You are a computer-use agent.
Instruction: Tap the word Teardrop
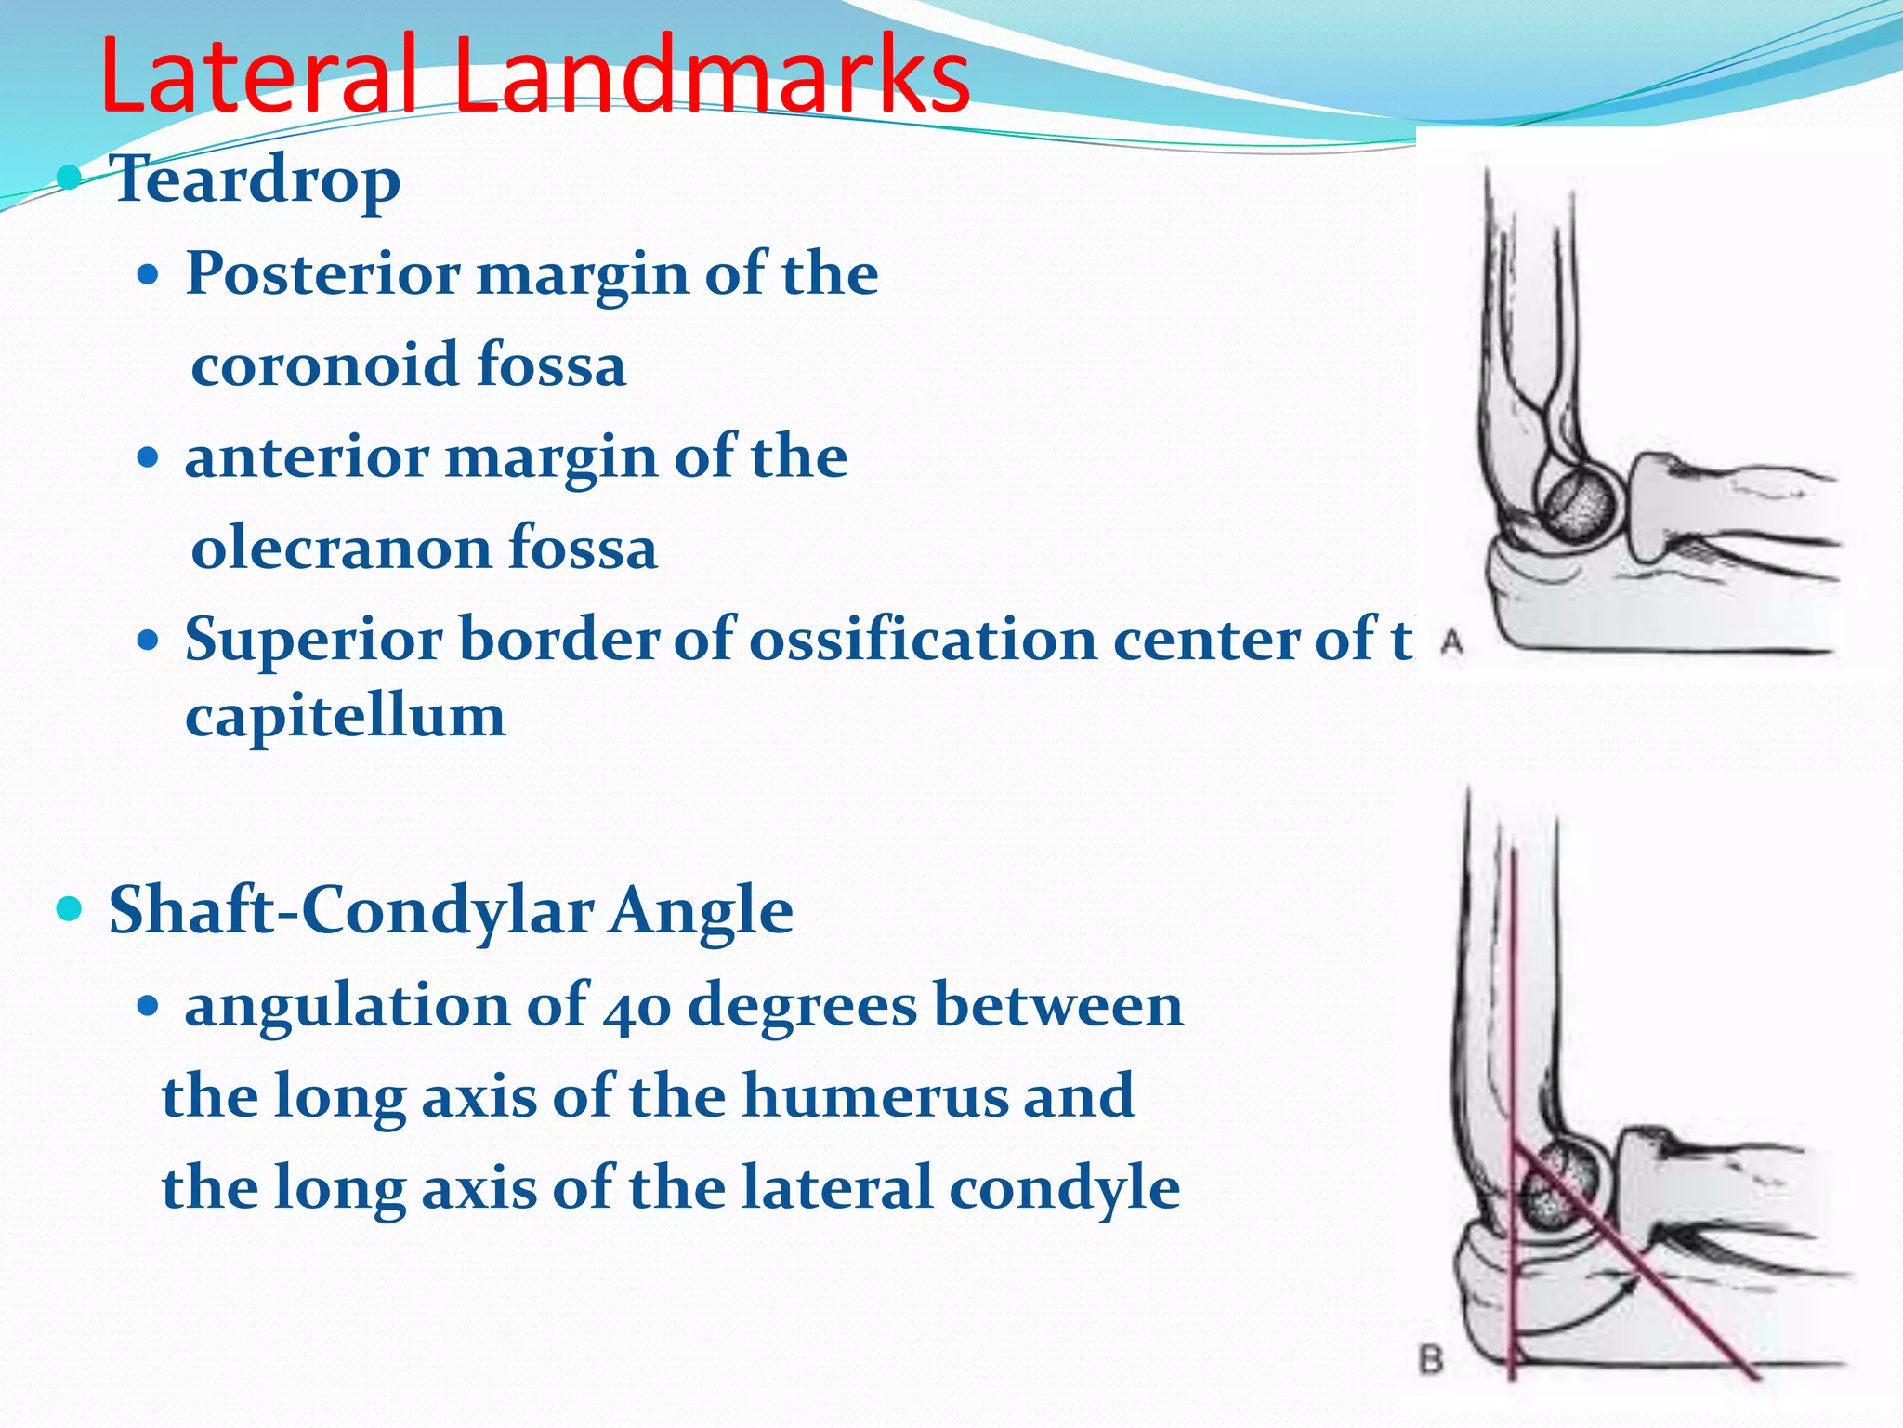click(256, 179)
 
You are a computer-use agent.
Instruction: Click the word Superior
click(313, 641)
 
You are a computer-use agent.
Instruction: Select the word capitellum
click(345, 718)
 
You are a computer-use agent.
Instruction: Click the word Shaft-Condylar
click(350, 910)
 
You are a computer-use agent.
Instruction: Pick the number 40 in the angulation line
click(637, 1008)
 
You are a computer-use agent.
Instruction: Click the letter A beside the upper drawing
click(1451, 641)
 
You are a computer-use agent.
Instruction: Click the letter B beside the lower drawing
click(1432, 1361)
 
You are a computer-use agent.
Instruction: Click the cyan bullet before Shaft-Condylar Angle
click(70, 908)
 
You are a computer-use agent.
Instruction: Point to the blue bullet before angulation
click(148, 1007)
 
